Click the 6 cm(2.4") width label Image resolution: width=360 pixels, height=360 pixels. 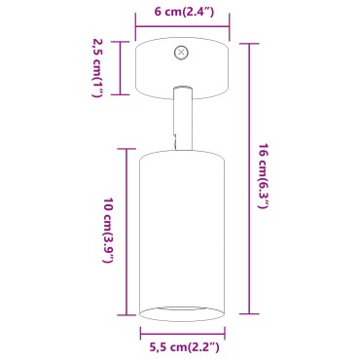[x=184, y=12]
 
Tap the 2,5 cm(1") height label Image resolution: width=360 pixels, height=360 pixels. [x=97, y=68]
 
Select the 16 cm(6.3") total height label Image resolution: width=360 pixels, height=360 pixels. [x=264, y=176]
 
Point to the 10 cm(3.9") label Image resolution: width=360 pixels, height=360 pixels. [x=108, y=231]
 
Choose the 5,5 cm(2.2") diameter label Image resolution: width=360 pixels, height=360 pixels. [x=184, y=347]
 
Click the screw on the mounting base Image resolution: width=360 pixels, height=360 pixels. [x=181, y=53]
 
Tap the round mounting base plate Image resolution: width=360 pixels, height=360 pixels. [x=182, y=68]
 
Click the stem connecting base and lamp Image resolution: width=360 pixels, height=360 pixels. [x=183, y=119]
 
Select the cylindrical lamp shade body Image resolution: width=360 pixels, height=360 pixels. [x=182, y=235]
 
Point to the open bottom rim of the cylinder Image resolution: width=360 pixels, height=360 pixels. [x=182, y=321]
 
